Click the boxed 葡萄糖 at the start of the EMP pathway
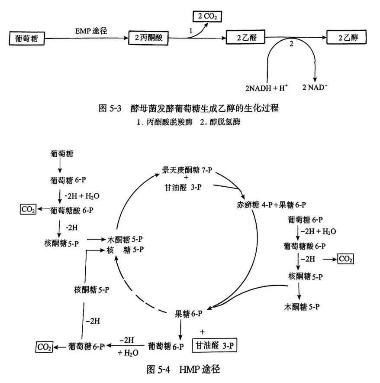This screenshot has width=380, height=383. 26,39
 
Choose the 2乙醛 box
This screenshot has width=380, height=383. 245,38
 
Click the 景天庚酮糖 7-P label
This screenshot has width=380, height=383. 187,169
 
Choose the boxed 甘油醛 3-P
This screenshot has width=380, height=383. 215,345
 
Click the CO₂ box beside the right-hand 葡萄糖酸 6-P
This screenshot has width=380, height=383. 345,259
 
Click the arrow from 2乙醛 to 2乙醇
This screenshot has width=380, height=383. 299,38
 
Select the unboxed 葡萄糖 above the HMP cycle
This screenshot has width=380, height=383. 61,154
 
